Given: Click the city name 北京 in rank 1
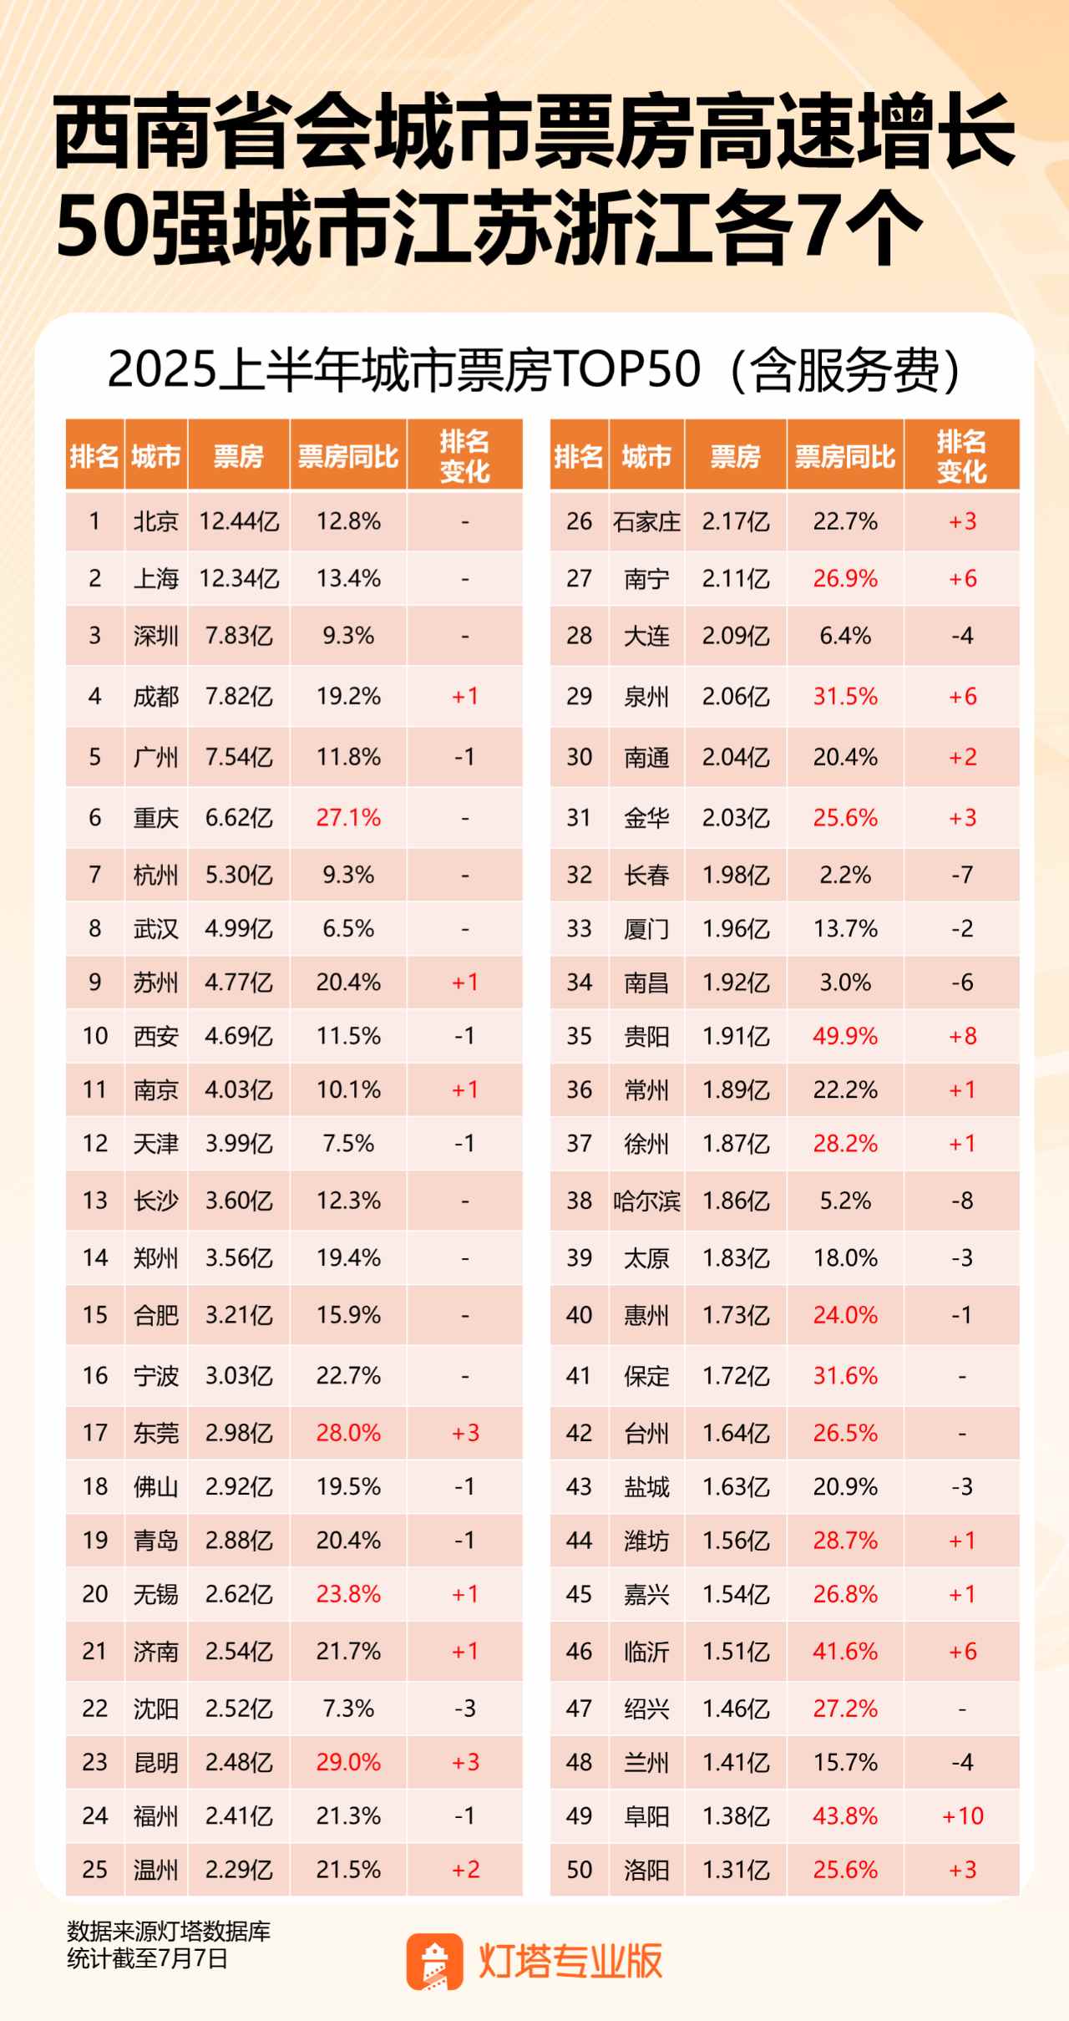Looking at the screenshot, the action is pos(156,521).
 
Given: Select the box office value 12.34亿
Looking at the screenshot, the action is pos(239,578).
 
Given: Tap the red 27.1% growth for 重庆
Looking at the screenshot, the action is pos(348,817).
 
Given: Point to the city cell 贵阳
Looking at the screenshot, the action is pos(646,1036).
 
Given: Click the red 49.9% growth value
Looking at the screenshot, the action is pos(845,1036).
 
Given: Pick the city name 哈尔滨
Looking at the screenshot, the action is pos(646,1201).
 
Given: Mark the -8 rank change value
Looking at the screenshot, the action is pos(962,1201).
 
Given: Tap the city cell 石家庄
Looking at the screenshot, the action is pos(646,521).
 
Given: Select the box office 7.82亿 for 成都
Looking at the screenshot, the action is pos(239,696).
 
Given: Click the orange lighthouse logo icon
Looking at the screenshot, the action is pos(434,1961).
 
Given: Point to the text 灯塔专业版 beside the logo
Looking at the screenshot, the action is pos(570,1960).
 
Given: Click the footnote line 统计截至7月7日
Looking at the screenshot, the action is pos(147,1958).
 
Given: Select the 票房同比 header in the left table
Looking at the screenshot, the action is pos(348,456).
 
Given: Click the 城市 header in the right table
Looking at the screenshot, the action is pos(646,456).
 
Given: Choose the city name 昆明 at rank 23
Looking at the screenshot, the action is pos(156,1762).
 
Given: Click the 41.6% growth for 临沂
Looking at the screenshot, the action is pos(845,1651).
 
